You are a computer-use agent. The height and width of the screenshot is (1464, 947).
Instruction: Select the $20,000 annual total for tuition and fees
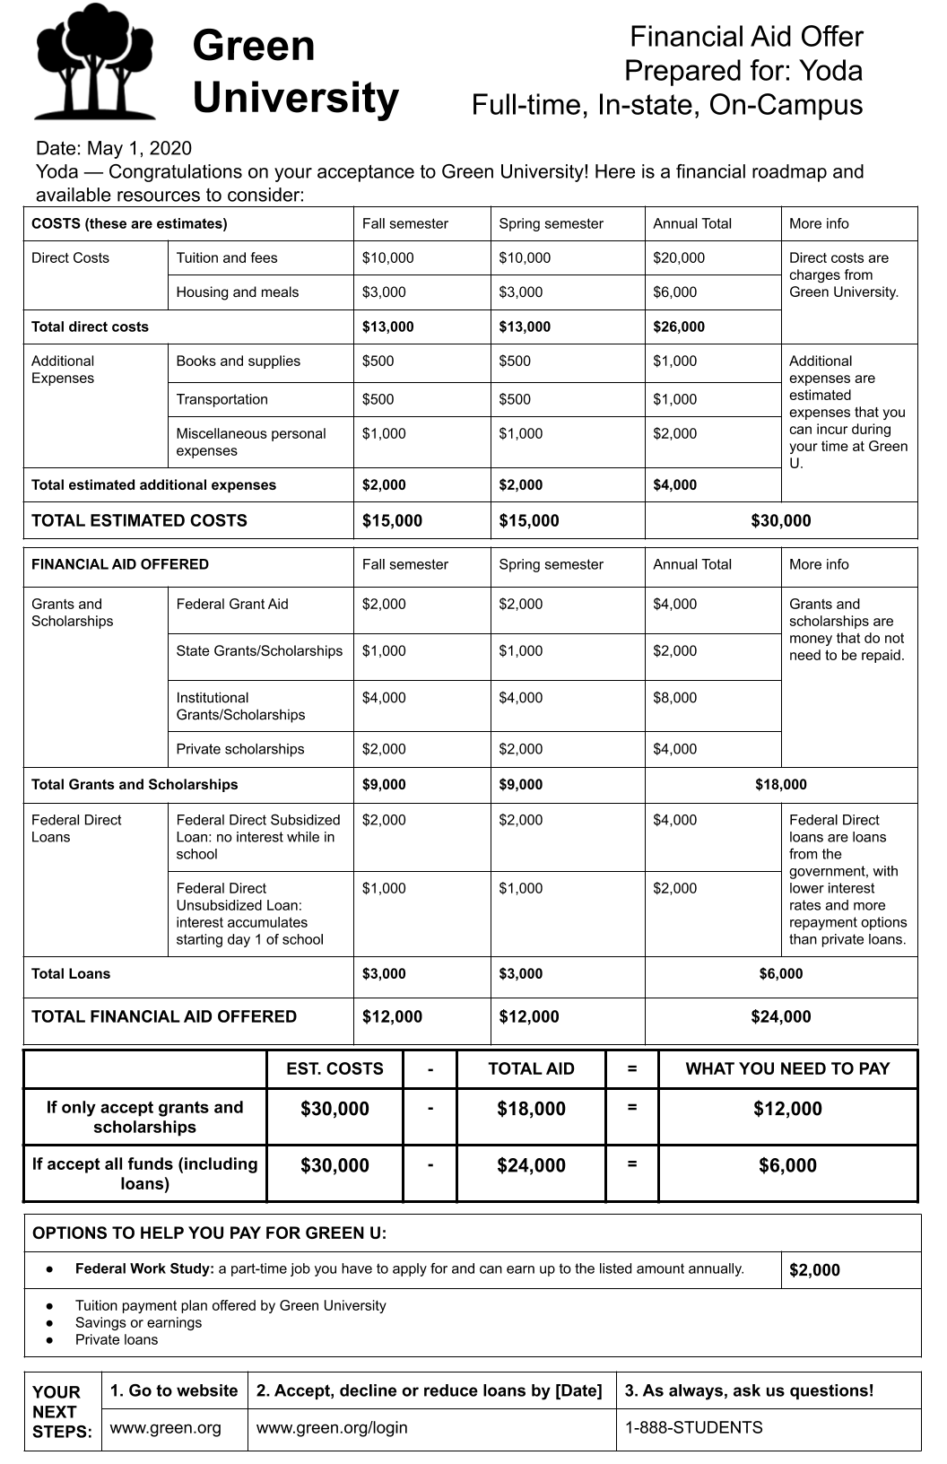point(679,258)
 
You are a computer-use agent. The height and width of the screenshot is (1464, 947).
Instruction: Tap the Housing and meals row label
point(238,292)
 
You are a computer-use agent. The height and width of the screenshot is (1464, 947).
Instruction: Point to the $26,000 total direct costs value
point(679,327)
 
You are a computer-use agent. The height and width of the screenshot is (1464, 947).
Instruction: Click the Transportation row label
point(222,400)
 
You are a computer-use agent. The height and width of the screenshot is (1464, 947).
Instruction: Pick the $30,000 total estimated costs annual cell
point(780,521)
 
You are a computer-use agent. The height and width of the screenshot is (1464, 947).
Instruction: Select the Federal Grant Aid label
point(232,605)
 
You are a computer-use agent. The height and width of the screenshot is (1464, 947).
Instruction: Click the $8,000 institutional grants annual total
point(674,698)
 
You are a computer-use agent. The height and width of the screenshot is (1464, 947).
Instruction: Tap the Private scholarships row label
point(239,750)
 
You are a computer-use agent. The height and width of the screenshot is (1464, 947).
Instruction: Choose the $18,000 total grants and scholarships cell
point(780,785)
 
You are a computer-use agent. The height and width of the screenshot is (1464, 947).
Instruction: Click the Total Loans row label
point(71,974)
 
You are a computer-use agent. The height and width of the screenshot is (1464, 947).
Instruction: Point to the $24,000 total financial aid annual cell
point(780,1017)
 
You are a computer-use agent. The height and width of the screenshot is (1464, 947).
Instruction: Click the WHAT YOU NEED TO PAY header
point(787,1069)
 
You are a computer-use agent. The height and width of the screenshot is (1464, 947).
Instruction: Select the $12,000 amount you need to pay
point(787,1110)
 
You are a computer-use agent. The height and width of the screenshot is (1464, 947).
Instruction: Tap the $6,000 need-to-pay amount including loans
point(787,1166)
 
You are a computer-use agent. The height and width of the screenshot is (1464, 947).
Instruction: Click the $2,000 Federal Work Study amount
point(814,1270)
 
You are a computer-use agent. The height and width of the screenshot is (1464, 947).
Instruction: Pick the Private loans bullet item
point(117,1340)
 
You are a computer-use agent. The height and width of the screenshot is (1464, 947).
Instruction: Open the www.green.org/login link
point(332,1428)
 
